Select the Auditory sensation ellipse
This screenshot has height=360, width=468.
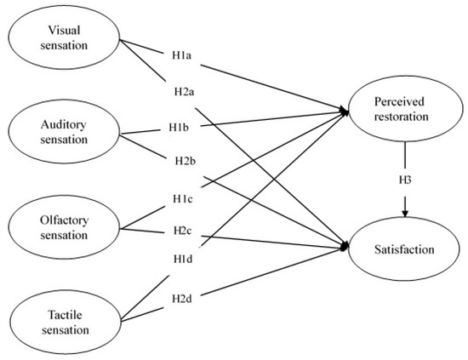click(x=65, y=129)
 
